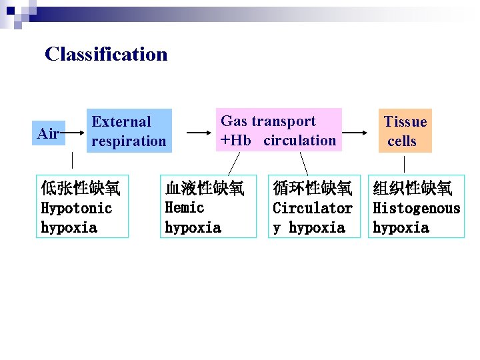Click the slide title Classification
tap(106, 54)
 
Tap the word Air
tap(48, 133)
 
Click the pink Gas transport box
tap(278, 130)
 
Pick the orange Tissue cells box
tap(405, 131)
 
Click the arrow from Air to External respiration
tap(72, 133)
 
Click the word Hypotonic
tap(77, 208)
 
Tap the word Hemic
tap(185, 207)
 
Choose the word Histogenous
tap(416, 208)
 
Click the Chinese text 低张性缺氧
tap(81, 188)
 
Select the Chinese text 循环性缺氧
tap(313, 188)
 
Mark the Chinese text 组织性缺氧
tap(413, 188)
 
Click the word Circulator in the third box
tap(313, 208)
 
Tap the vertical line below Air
tap(73, 160)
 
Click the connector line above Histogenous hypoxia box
tap(405, 164)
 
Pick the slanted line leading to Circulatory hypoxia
tap(303, 164)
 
